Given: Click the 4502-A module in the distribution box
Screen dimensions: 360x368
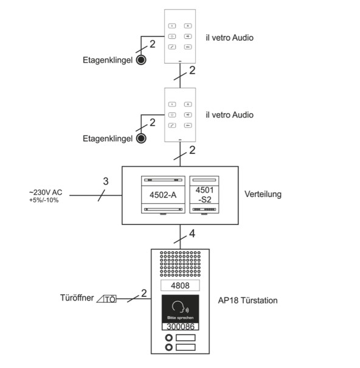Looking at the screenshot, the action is point(163,195).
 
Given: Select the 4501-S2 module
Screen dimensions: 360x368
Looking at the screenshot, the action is point(204,195).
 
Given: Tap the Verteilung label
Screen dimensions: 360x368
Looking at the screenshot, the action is point(263,194).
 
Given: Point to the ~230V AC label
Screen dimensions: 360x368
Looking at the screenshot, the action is point(46,192).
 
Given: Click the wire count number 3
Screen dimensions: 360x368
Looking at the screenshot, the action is point(106,181).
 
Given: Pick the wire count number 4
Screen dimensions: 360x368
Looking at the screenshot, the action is point(192,234).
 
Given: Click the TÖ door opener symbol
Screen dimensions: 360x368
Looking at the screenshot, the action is point(107,299).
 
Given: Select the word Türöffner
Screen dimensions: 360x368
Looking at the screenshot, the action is point(77,298).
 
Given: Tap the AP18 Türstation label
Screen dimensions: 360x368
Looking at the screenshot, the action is point(248,300).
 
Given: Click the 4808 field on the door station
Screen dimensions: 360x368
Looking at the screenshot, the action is point(180,286).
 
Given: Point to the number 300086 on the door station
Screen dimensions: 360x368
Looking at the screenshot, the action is point(181,327).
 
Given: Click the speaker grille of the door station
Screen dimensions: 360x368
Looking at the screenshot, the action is point(180,264).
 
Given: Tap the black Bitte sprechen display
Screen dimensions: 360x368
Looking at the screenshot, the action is point(180,309).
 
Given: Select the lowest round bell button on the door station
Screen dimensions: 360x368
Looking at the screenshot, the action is point(168,347).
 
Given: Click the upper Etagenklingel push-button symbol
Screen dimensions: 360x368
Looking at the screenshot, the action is point(141,60).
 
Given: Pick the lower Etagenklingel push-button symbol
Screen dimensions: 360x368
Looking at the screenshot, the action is point(141,139).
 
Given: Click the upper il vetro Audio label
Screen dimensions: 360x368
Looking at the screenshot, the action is point(229,38).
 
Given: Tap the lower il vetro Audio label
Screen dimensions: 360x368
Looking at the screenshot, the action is point(229,115).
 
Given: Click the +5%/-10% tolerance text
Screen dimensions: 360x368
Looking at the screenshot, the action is point(44,200).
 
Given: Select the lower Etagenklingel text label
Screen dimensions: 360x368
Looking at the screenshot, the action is point(108,139).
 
